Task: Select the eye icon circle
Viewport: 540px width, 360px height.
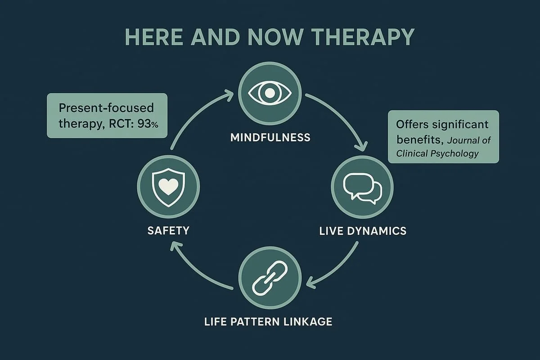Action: [x=269, y=94]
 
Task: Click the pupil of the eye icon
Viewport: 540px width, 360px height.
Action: [x=269, y=93]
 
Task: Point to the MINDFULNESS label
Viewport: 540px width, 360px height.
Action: [x=270, y=137]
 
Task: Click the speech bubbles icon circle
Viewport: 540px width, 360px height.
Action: [x=362, y=188]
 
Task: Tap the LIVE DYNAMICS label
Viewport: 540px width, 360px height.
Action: [x=362, y=231]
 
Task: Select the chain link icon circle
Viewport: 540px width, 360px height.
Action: [x=269, y=282]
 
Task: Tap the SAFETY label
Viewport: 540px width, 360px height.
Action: [x=168, y=231]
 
